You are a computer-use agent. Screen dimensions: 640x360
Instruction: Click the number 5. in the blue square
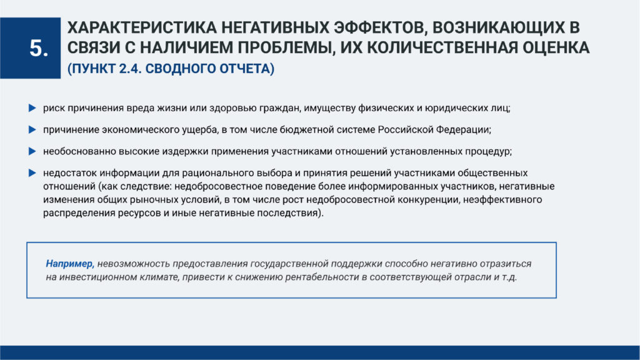click(39, 48)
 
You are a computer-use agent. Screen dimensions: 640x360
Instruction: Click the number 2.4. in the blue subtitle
click(131, 69)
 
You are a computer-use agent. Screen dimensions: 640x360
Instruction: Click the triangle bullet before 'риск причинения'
click(32, 107)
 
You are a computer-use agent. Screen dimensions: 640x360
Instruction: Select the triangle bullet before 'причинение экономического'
click(32, 129)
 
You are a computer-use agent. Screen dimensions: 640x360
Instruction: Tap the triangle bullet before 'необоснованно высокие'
click(32, 151)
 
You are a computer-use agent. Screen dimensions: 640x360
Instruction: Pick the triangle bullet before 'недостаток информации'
click(32, 172)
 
